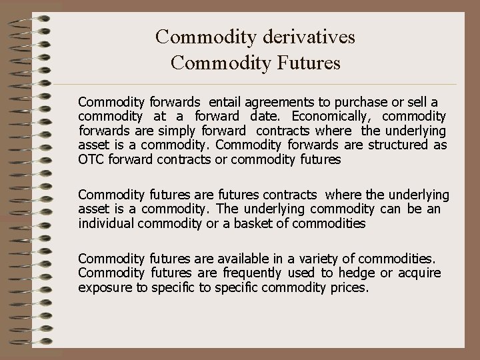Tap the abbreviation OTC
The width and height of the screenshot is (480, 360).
click(91, 159)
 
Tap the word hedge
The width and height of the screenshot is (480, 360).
click(357, 273)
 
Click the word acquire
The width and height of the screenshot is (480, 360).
click(419, 273)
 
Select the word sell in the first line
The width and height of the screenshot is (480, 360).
click(411, 102)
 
